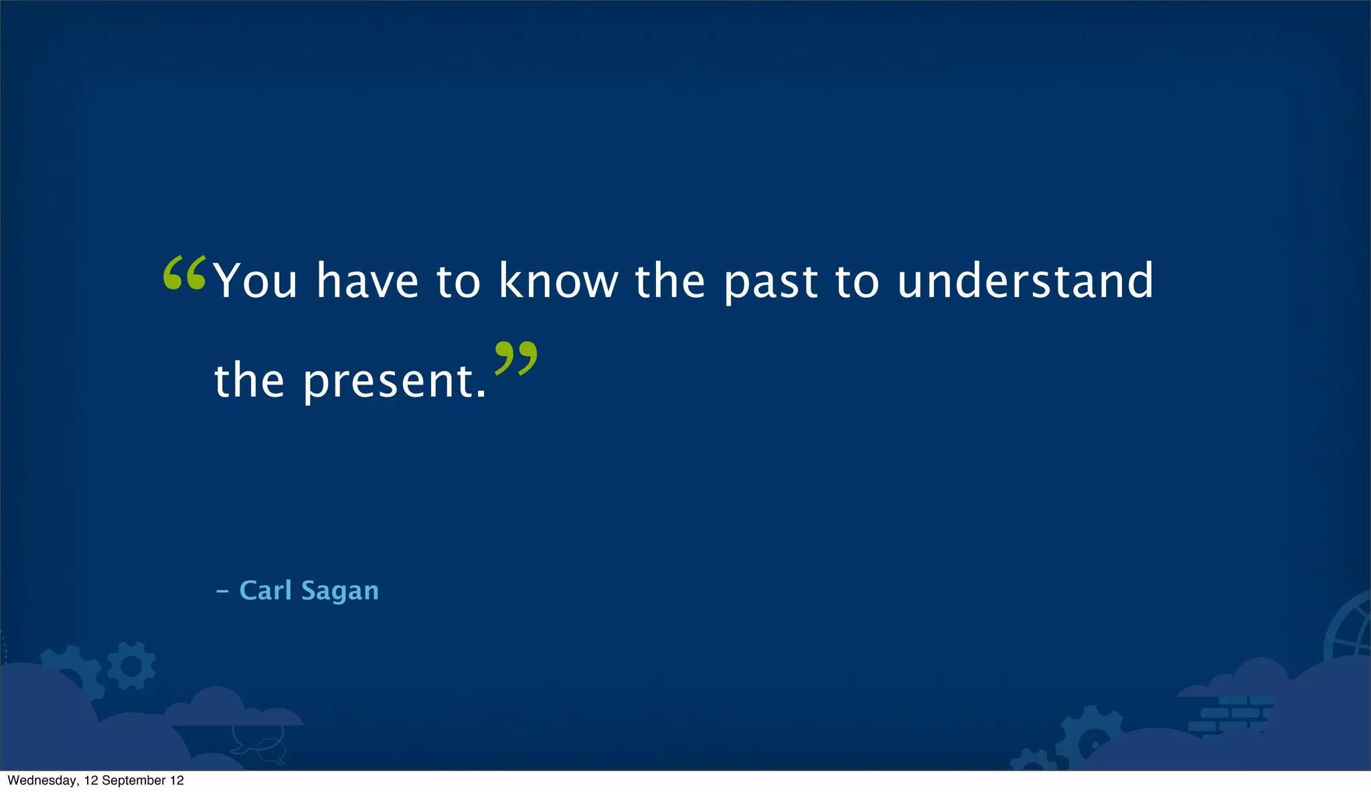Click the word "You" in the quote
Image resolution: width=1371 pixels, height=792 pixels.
pyautogui.click(x=255, y=281)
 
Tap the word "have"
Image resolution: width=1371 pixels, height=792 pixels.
pyautogui.click(x=368, y=281)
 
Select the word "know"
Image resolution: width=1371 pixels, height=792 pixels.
pyautogui.click(x=558, y=281)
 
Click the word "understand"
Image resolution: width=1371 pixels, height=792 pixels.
pyautogui.click(x=1025, y=281)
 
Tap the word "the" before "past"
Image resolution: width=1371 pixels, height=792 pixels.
pyautogui.click(x=669, y=281)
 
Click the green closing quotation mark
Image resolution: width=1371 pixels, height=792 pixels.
pyautogui.click(x=515, y=358)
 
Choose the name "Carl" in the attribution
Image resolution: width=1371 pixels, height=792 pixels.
pyautogui.click(x=265, y=591)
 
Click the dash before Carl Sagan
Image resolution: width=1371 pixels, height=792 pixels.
pyautogui.click(x=222, y=591)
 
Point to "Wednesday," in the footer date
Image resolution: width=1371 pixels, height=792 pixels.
pyautogui.click(x=42, y=781)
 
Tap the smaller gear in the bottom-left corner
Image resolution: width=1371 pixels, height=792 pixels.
pyautogui.click(x=131, y=666)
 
